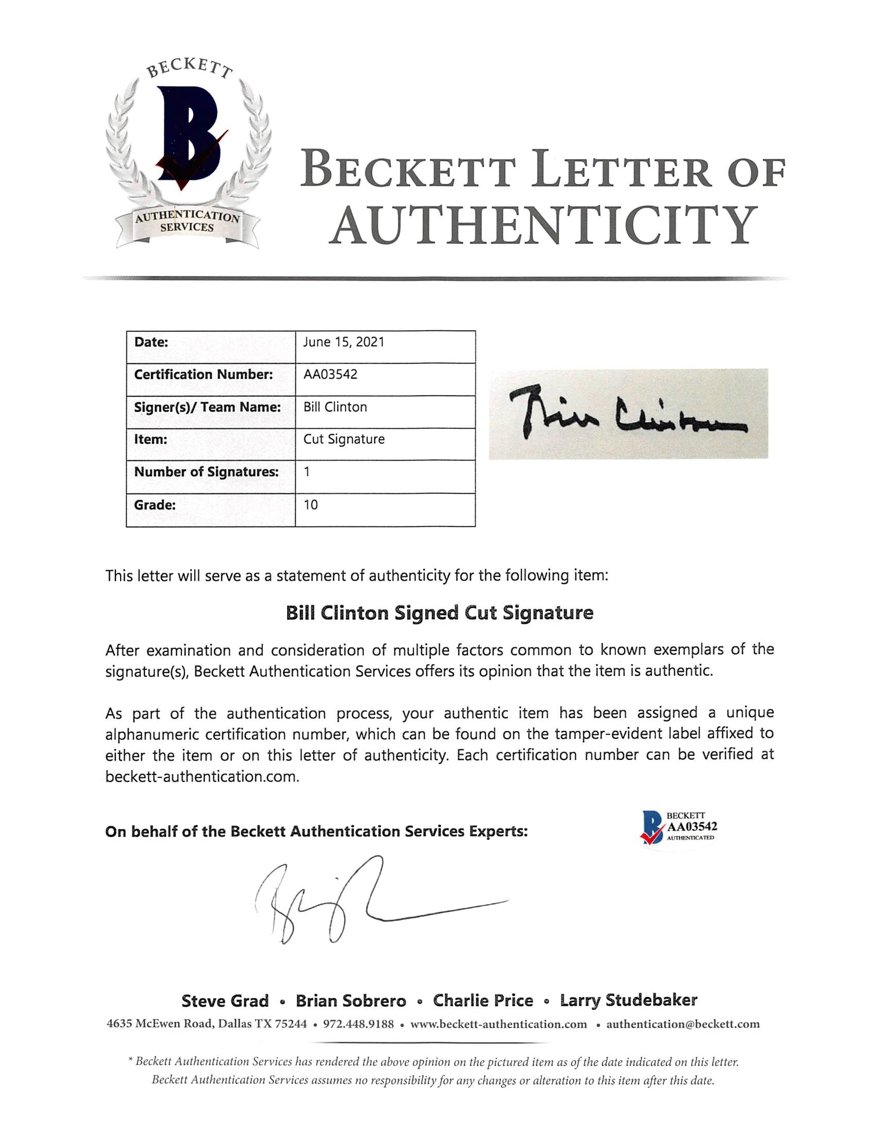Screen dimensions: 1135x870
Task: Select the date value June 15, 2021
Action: pos(343,342)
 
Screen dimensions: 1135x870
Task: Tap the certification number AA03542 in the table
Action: pos(330,374)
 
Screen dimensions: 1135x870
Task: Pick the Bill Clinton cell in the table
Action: pos(335,407)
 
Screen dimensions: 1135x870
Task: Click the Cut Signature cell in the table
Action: pos(344,439)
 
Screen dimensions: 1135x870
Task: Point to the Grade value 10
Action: pos(310,505)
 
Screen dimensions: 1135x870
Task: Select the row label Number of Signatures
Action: pos(206,472)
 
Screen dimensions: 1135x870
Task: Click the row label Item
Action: pos(151,439)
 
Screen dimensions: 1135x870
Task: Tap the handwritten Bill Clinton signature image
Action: pos(628,413)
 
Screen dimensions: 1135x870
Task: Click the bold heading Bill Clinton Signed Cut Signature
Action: pos(440,613)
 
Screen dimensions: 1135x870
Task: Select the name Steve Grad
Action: pos(225,1001)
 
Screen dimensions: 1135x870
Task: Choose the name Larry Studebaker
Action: pos(628,1001)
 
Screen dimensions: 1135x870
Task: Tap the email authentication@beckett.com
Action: pos(683,1024)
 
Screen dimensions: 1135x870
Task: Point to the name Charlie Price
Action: pos(483,1001)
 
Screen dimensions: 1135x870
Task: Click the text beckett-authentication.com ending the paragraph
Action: pos(202,777)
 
